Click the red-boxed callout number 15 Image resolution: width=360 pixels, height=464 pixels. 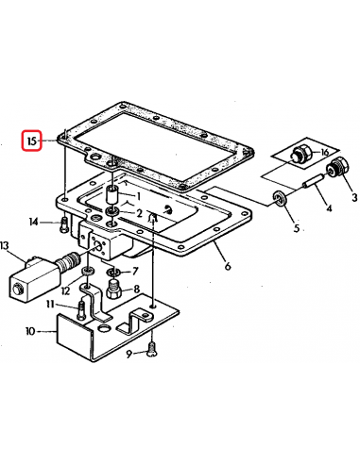tap(32, 141)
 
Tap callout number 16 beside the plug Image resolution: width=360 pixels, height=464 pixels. tap(324, 153)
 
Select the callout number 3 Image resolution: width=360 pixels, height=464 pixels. tap(354, 197)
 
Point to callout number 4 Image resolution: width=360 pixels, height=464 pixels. tap(329, 208)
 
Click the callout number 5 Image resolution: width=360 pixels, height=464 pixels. tap(297, 228)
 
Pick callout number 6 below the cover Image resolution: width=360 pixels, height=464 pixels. tap(228, 266)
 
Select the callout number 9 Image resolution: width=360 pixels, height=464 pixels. tap(129, 355)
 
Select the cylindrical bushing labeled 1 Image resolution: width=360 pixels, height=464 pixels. tap(112, 195)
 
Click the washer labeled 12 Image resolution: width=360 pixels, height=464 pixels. tap(87, 271)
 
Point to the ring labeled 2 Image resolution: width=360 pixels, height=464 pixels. tap(112, 211)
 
